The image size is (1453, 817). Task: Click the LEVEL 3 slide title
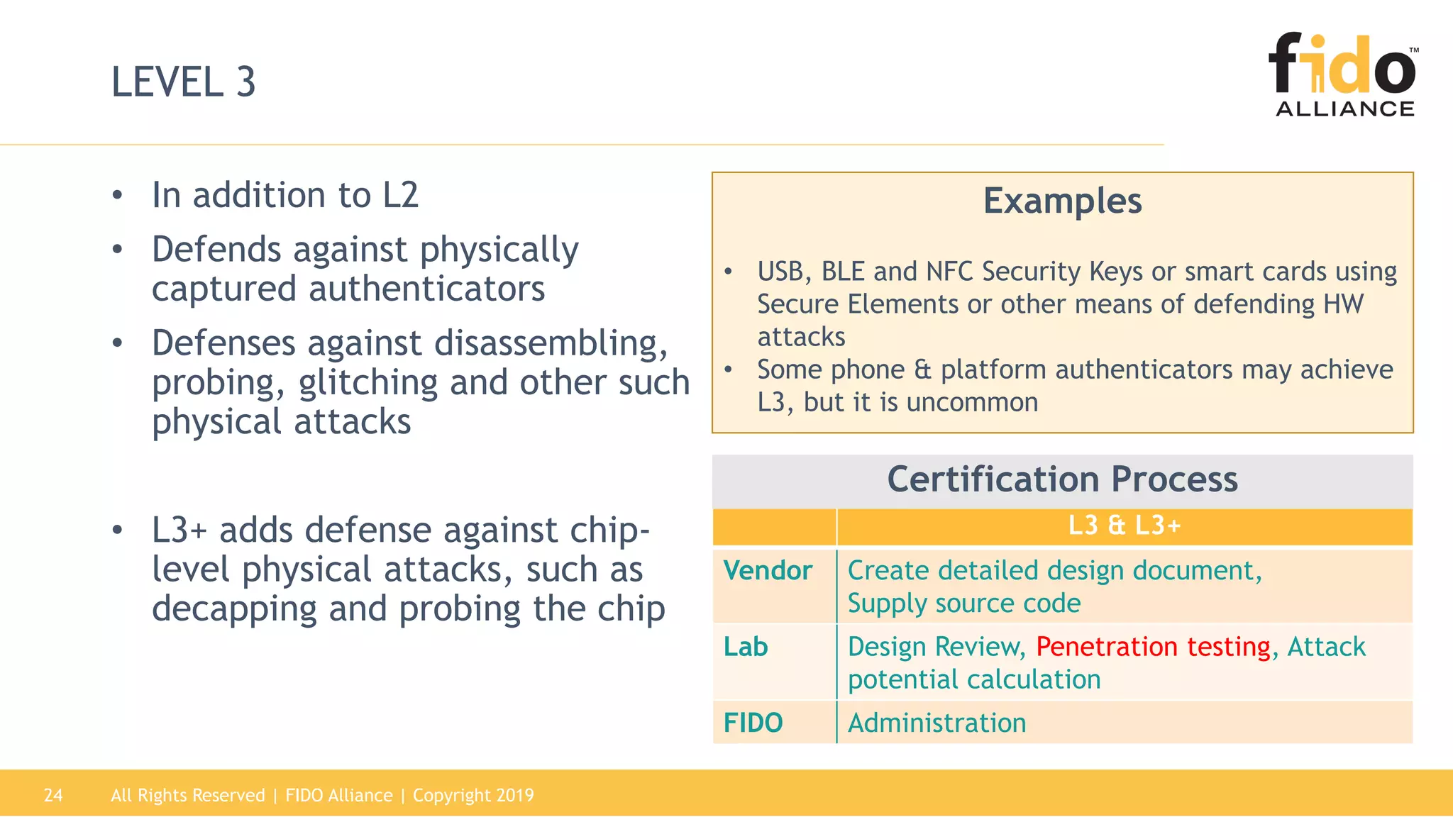pos(183,82)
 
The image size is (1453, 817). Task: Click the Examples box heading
pos(1062,201)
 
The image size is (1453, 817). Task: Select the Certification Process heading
pos(1062,479)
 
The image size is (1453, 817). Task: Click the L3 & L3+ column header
pos(1124,526)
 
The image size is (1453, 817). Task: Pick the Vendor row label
pos(768,571)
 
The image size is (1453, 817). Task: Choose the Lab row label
pos(746,647)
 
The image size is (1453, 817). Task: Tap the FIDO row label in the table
pos(753,723)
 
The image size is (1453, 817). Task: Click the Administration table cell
pos(937,723)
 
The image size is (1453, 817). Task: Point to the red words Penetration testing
pos(1152,647)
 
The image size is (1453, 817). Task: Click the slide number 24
pos(53,795)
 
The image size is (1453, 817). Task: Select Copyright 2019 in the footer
pos(473,795)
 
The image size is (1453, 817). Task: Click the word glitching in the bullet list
pos(368,383)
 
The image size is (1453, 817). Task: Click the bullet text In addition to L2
pos(285,195)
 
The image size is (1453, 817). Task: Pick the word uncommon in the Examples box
pos(972,402)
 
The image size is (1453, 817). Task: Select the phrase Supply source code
pos(963,604)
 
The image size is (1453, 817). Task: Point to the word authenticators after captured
pos(426,289)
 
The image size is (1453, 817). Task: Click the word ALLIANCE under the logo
pos(1344,109)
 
